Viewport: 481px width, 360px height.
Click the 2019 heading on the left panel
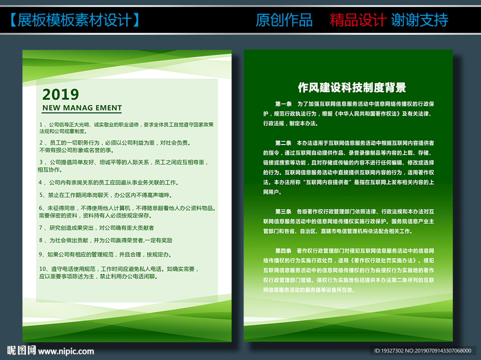click(61, 94)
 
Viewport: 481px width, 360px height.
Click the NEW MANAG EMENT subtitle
click(82, 108)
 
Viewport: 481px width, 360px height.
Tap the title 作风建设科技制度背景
click(352, 87)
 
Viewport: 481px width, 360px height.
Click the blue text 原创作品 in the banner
click(284, 20)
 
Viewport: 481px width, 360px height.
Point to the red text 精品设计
click(357, 20)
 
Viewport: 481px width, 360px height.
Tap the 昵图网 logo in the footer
click(21, 350)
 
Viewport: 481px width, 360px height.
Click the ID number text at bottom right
click(422, 351)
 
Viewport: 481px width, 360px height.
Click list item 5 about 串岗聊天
click(105, 195)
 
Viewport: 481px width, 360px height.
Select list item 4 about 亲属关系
click(108, 182)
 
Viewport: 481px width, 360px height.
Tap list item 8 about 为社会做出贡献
click(106, 240)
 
